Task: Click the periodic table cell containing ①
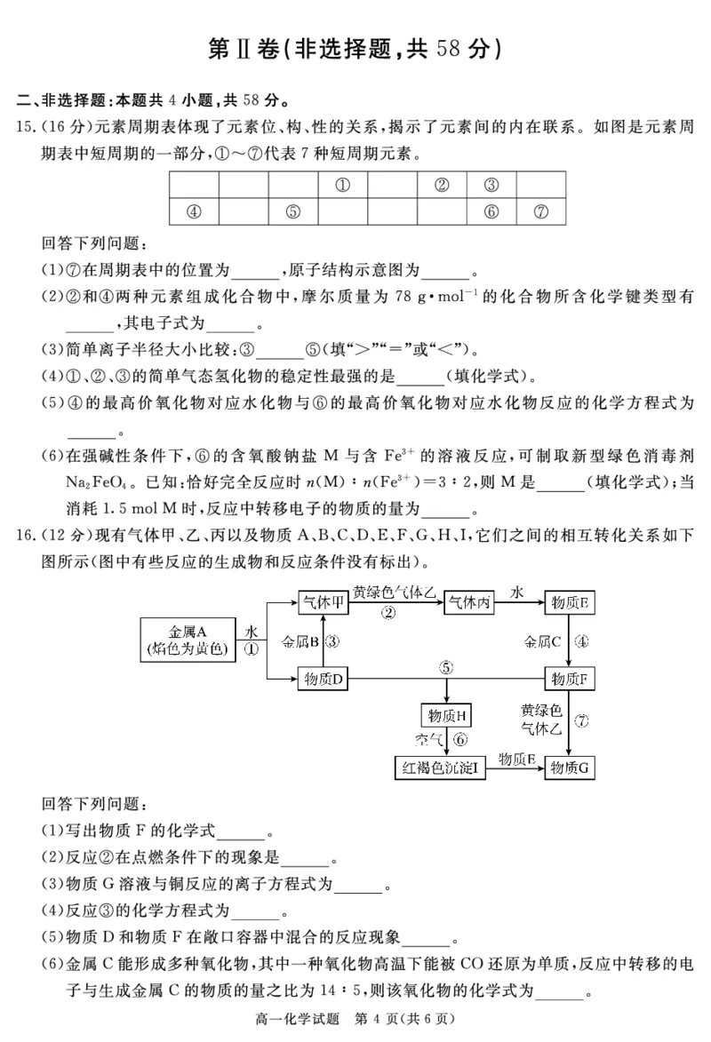tap(341, 186)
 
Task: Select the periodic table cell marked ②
tap(441, 186)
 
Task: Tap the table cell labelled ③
tap(491, 186)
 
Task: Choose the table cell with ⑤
tap(292, 212)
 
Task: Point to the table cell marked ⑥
tap(491, 212)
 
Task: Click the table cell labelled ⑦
tap(541, 212)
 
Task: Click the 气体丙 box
tap(468, 601)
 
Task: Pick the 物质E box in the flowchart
tap(570, 601)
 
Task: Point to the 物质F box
tap(570, 680)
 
